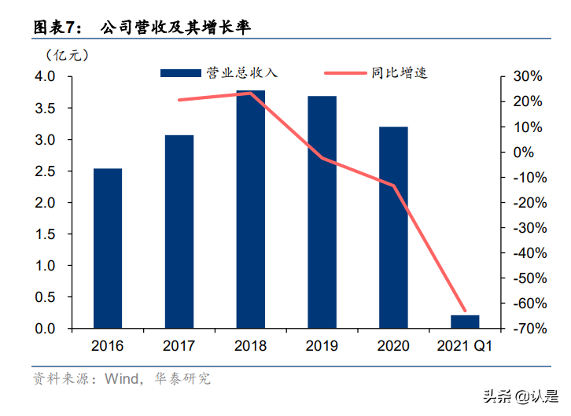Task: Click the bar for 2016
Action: click(108, 248)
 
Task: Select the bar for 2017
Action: click(179, 232)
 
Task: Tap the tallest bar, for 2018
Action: click(250, 209)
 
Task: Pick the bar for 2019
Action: click(322, 212)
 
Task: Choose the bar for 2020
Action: click(393, 227)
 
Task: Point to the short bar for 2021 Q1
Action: click(464, 322)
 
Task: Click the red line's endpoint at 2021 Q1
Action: click(464, 311)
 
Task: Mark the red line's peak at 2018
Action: click(250, 93)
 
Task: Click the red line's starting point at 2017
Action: click(179, 100)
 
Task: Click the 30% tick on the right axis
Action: click(526, 77)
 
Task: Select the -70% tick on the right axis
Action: click(524, 329)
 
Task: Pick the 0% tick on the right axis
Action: click(529, 153)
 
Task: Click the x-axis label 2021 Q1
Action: click(464, 347)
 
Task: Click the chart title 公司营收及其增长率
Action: click(178, 28)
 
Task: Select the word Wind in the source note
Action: click(121, 379)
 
